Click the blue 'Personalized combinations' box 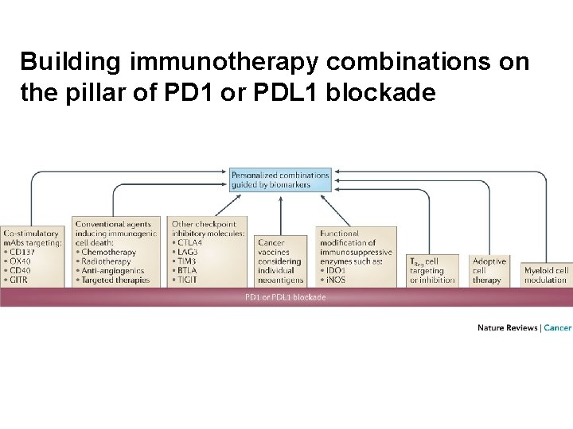tap(280, 180)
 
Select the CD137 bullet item tap(22, 252)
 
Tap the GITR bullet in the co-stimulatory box tap(19, 280)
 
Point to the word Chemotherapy tap(108, 252)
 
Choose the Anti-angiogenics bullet tap(112, 271)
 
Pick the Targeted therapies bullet tap(115, 280)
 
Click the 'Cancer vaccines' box tap(280, 261)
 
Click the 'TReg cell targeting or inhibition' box tap(433, 270)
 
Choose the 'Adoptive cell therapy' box tap(489, 270)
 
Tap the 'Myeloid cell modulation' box tap(546, 275)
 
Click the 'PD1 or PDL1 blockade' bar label tap(285, 297)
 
